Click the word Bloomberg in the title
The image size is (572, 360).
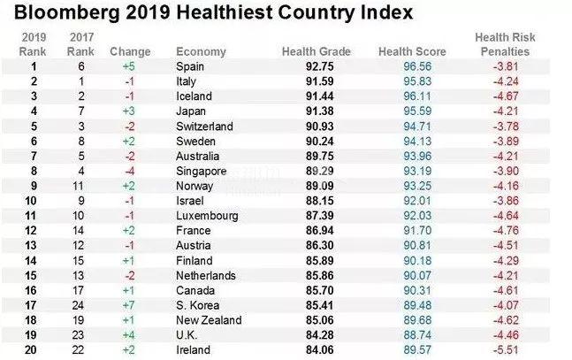click(x=56, y=15)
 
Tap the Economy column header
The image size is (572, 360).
click(x=201, y=52)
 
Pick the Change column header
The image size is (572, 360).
click(x=130, y=52)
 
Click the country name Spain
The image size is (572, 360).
click(x=191, y=66)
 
